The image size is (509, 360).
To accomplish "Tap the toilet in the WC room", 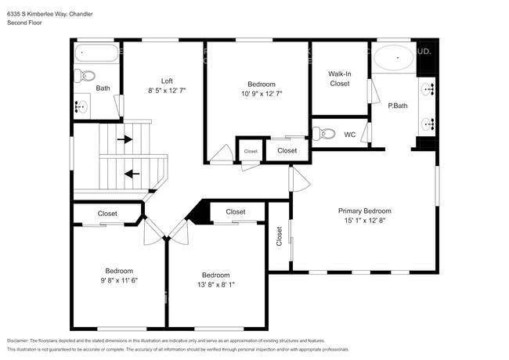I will pos(323,134).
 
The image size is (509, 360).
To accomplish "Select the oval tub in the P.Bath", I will pos(393,58).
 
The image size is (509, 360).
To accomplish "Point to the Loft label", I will pos(167,81).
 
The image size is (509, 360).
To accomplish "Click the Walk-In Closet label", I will pos(339,78).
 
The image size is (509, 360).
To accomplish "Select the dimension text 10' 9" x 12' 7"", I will pos(261,94).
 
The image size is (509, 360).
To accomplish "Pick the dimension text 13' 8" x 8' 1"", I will pos(215,285).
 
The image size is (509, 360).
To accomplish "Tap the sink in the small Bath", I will pos(81,105).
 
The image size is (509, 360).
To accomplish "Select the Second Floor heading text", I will pos(24,23).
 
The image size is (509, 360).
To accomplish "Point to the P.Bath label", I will pos(398,106).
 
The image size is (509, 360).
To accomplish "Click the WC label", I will pos(350,135).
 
